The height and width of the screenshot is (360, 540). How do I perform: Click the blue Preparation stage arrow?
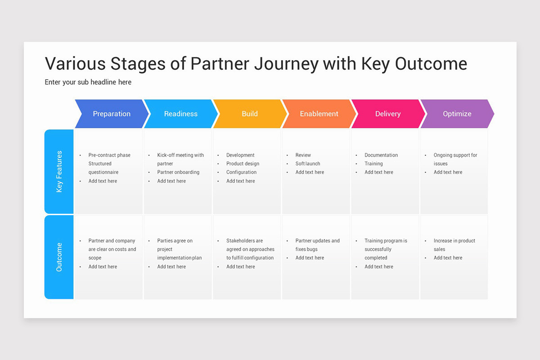(112, 114)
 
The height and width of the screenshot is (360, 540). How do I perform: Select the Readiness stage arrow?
(180, 114)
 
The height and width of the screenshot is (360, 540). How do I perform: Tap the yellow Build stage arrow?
(250, 114)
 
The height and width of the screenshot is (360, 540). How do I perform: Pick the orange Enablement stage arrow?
(319, 114)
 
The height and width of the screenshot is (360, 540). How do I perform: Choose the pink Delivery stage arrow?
(387, 114)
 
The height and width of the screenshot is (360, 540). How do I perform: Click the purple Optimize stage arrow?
(457, 114)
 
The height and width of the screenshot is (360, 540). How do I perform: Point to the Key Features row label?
(59, 171)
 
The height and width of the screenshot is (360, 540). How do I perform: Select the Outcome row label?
(59, 257)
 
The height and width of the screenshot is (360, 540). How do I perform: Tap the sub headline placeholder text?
(88, 82)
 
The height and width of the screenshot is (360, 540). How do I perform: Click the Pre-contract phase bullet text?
(109, 155)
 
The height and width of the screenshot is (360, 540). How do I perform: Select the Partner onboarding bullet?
(178, 172)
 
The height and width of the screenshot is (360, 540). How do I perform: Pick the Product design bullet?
(243, 164)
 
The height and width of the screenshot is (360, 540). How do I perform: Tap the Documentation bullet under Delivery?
(381, 155)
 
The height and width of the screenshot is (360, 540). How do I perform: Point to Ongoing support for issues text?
(455, 159)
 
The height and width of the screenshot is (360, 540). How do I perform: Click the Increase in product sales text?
(454, 245)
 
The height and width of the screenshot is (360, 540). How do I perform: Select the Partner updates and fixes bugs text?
(317, 245)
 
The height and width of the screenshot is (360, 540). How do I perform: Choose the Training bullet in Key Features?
(373, 164)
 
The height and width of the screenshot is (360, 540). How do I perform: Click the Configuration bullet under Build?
(241, 172)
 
